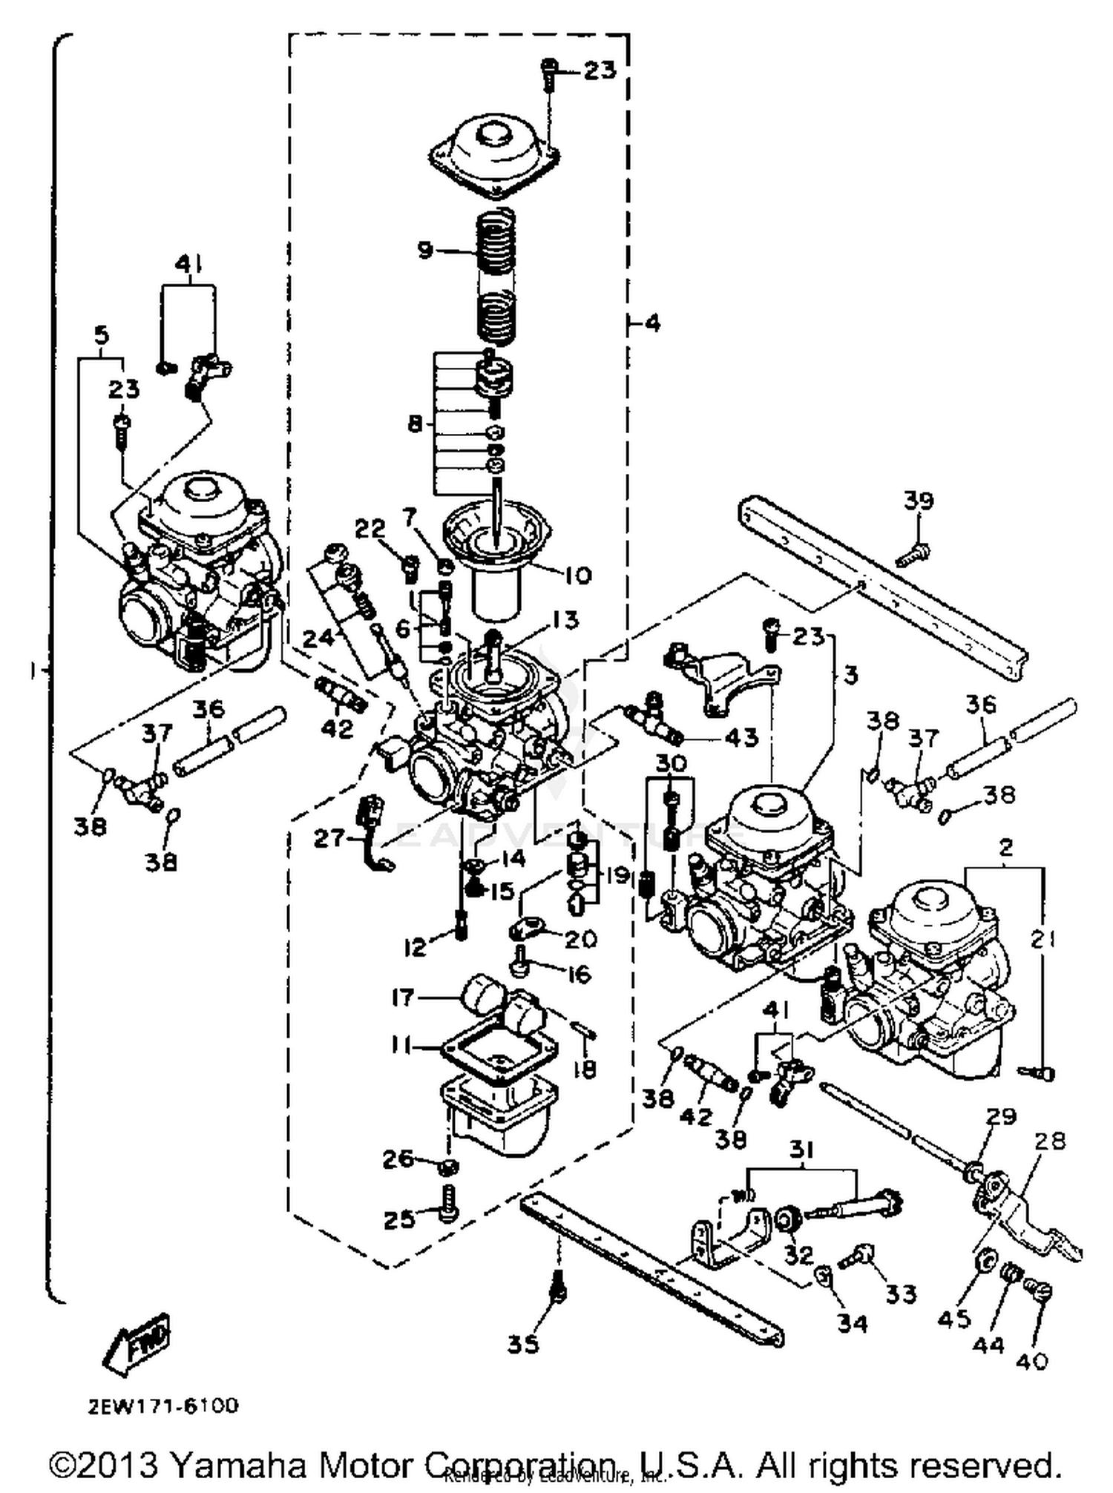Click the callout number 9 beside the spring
click(425, 250)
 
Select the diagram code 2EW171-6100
click(164, 1406)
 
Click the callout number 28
click(1052, 1141)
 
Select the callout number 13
click(566, 619)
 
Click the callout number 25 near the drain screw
click(399, 1219)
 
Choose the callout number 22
click(370, 530)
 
